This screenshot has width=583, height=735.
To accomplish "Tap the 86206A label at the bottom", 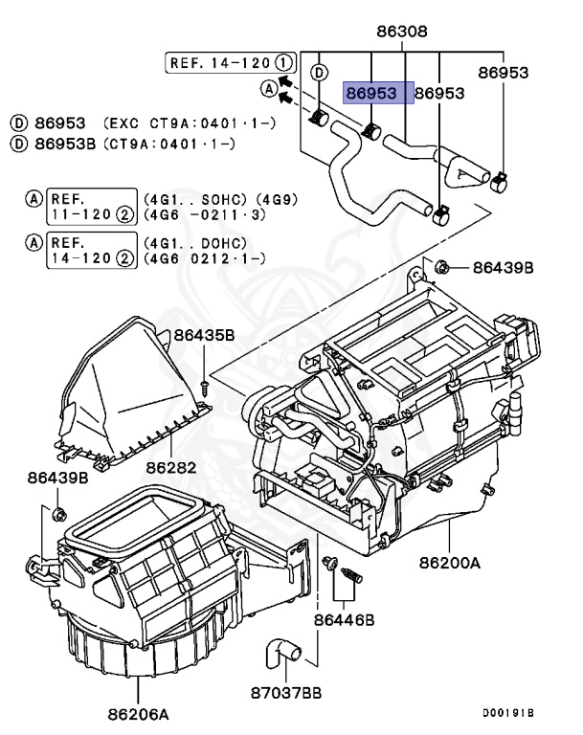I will pyautogui.click(x=138, y=714).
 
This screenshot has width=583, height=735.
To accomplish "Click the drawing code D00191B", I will pyautogui.click(x=507, y=713).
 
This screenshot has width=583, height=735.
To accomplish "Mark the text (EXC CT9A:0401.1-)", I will pyautogui.click(x=177, y=124).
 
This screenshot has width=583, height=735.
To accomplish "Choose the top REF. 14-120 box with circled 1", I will pyautogui.click(x=228, y=63).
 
